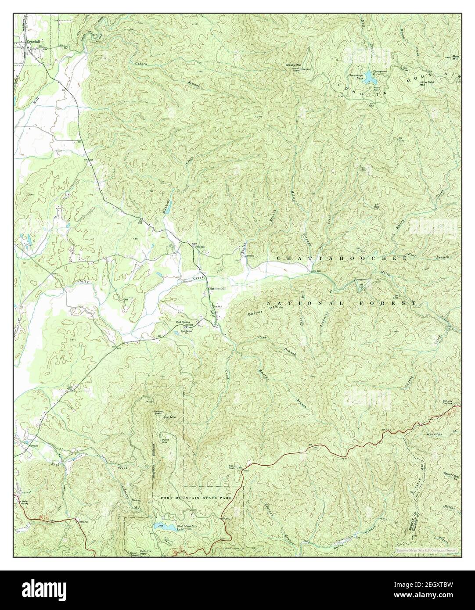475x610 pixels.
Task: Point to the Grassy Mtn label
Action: coord(293,65)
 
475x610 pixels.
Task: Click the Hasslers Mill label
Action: coord(216,288)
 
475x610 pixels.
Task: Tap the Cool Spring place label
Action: coord(184,321)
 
